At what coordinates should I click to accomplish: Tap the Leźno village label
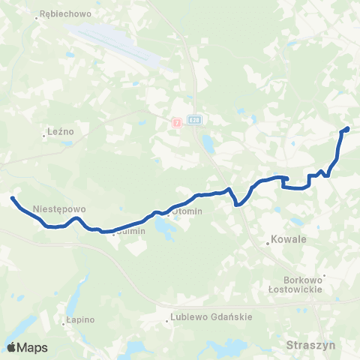coord(59,130)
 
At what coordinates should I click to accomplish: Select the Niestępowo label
coord(61,209)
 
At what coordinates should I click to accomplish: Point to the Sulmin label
coord(130,232)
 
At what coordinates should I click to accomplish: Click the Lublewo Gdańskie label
coord(211,316)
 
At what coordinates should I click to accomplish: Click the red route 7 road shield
coord(176,121)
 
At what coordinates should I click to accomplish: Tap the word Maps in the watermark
coord(34,347)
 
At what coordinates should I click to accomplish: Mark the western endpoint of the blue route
coord(13,198)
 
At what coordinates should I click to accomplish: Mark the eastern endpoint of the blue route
coord(346,130)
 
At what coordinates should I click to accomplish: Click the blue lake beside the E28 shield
coord(206,142)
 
